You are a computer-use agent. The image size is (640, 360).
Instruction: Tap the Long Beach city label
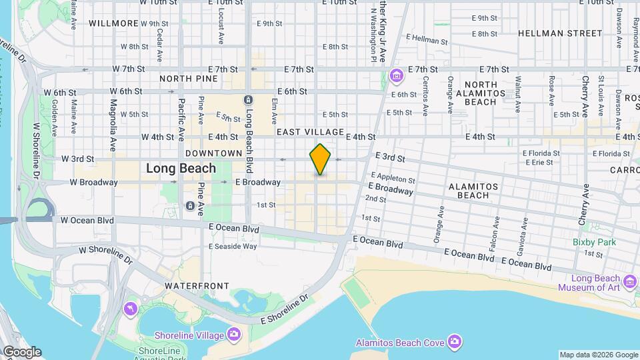click(x=181, y=168)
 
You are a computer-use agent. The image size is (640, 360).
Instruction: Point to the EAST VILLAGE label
click(x=310, y=133)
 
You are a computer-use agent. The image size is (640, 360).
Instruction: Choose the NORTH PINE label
click(x=189, y=79)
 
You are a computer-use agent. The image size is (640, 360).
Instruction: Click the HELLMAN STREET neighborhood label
click(x=559, y=33)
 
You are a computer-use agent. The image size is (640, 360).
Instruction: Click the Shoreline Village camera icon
click(x=234, y=333)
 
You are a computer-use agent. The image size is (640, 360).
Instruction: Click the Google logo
click(x=21, y=352)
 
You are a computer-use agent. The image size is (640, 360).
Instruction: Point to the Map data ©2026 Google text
click(x=598, y=355)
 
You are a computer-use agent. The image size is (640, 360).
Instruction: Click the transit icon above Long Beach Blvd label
click(x=248, y=99)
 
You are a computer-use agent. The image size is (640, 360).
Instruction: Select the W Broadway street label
click(x=93, y=182)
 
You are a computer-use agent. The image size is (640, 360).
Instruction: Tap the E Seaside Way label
click(x=233, y=246)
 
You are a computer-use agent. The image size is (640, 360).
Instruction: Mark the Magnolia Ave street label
click(x=113, y=117)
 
